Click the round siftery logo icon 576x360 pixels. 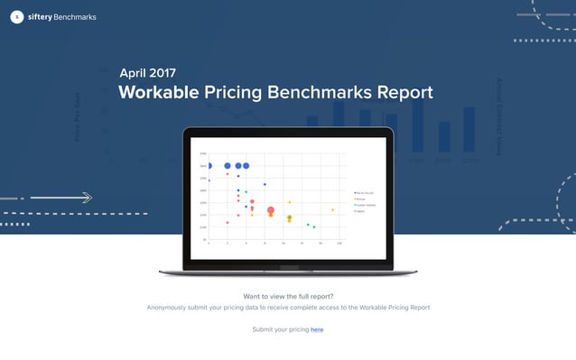point(17,17)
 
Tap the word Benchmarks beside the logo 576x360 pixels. point(74,17)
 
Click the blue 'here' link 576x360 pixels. point(317,329)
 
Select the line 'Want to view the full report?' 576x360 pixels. point(288,296)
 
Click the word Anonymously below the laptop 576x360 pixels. point(178,308)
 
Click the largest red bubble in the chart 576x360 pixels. point(271,210)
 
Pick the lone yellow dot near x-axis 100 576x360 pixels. point(332,210)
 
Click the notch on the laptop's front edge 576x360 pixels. point(288,268)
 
